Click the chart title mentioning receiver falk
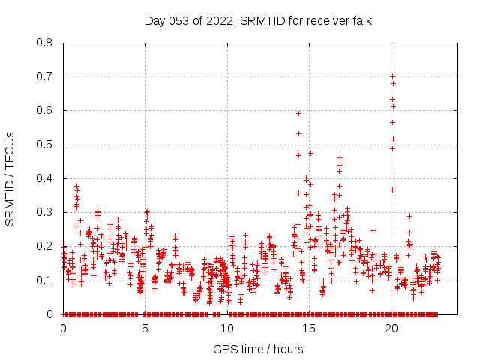pyautogui.click(x=258, y=20)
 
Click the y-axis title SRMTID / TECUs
pyautogui.click(x=10, y=179)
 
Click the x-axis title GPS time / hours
pyautogui.click(x=258, y=349)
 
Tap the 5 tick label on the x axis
pyautogui.click(x=145, y=328)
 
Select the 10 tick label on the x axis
pyautogui.click(x=227, y=328)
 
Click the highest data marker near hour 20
pyautogui.click(x=392, y=76)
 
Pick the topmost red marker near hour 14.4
pyautogui.click(x=298, y=113)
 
